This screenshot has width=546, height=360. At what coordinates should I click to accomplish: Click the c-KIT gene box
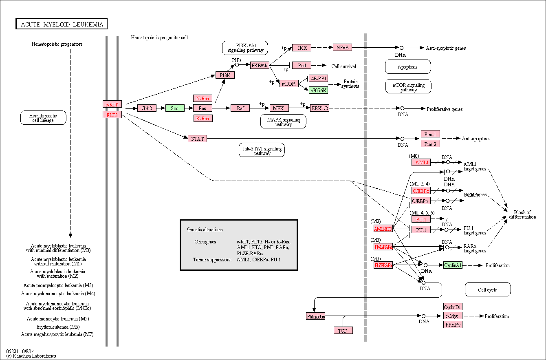[x=112, y=104]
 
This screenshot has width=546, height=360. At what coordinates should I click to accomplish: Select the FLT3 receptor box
[x=112, y=115]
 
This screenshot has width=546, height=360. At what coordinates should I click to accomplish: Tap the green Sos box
[x=175, y=108]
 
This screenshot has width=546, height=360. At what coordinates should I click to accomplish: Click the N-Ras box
[x=203, y=98]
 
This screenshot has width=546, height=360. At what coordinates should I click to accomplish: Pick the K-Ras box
[x=203, y=118]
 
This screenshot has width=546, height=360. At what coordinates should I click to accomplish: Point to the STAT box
[x=197, y=139]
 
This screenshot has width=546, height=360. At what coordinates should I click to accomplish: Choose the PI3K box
[x=225, y=75]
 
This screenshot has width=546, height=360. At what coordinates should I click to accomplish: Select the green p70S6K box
[x=318, y=90]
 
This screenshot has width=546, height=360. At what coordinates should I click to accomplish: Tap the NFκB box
[x=342, y=47]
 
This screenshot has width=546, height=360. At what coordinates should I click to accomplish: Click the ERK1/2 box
[x=319, y=108]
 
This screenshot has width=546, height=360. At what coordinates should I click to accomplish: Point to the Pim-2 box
[x=430, y=144]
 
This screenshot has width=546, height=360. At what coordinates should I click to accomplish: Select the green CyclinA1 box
[x=453, y=265]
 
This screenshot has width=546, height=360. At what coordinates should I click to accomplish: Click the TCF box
[x=343, y=330]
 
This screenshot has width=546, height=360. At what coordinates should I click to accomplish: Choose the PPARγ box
[x=453, y=325]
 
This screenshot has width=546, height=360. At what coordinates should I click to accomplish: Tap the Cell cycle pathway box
[x=488, y=289]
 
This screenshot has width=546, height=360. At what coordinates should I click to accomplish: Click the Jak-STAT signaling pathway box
[x=261, y=150]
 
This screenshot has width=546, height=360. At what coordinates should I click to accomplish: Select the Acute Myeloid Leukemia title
[x=62, y=24]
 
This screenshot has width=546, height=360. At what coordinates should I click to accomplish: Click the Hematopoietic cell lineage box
[x=43, y=118]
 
